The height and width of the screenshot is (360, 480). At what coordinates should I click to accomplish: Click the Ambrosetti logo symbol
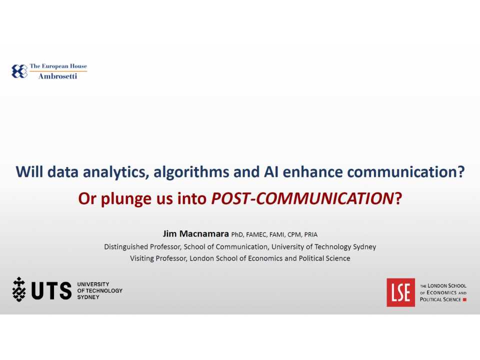coord(19,71)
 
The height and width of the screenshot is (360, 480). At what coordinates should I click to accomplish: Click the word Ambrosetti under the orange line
coord(57,76)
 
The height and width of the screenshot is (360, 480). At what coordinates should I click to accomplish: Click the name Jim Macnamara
coord(195,234)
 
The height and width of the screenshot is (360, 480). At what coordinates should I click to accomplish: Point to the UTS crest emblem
coord(19,289)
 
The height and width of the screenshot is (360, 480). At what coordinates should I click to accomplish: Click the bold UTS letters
coord(51,290)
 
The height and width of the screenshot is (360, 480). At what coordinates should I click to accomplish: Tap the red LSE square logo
coord(400,292)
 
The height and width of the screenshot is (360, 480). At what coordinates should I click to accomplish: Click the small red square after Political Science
coord(465,299)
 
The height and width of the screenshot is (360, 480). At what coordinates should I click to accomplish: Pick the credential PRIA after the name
coord(310,234)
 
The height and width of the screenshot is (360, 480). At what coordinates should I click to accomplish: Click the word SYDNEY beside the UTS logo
coord(88,297)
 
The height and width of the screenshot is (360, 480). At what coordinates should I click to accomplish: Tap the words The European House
coord(58,66)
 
